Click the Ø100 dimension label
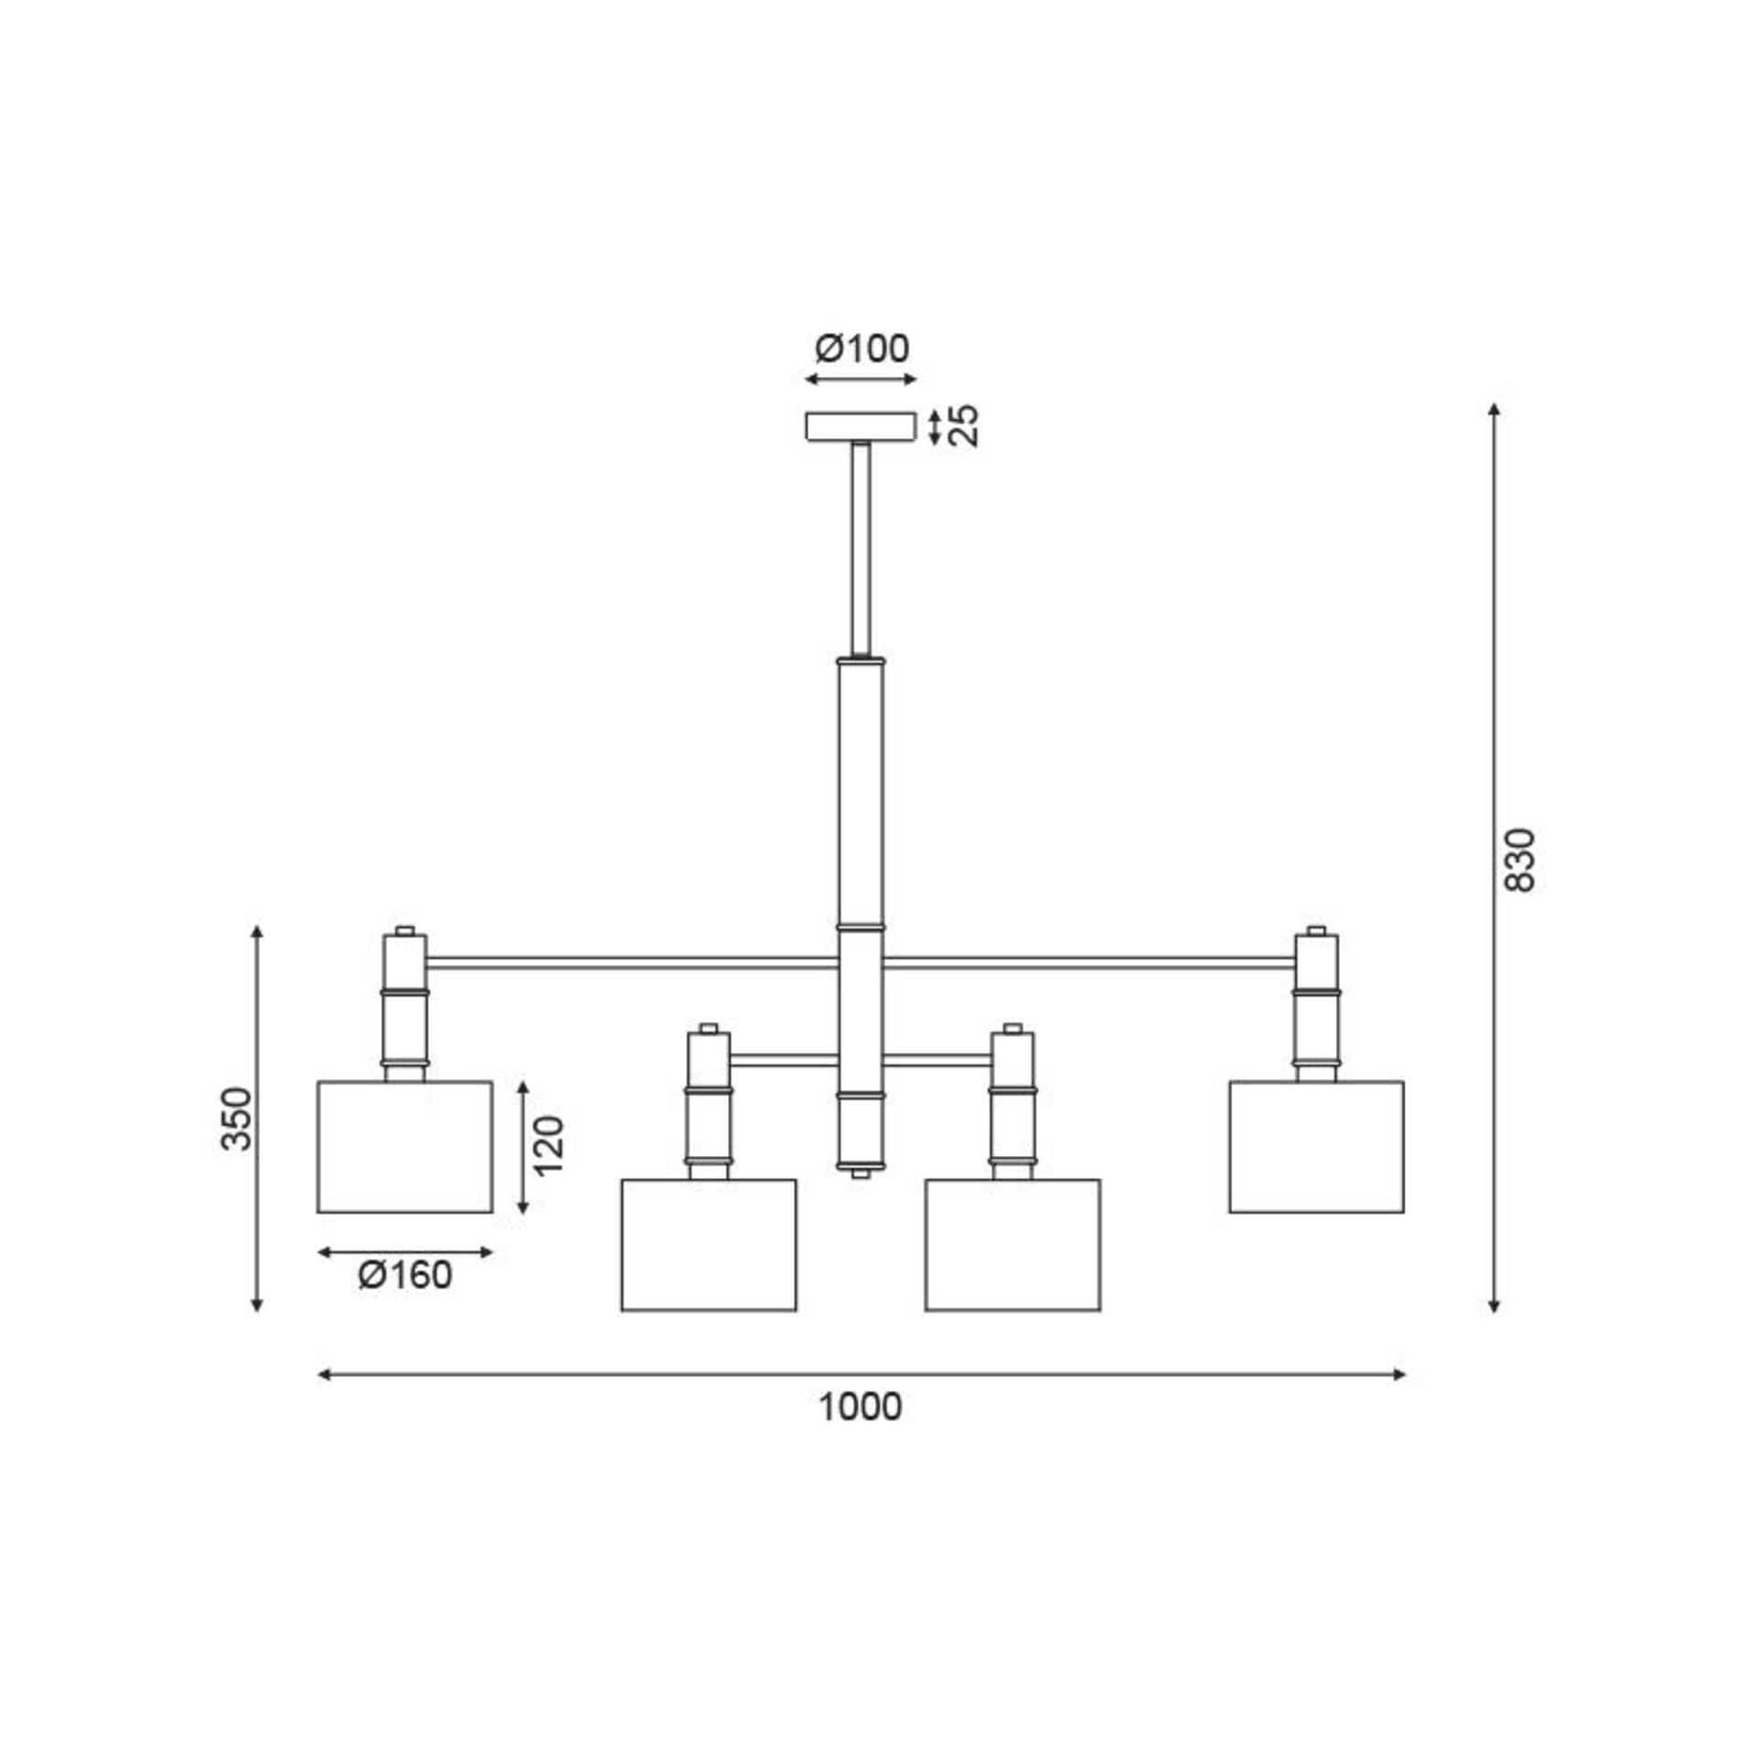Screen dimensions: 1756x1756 (862, 348)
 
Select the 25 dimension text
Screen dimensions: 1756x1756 (963, 425)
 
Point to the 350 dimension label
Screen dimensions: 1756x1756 (237, 1118)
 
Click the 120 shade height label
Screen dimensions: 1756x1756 (549, 1146)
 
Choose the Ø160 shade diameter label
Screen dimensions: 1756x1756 (405, 1275)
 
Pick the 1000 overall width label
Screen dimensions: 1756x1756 (860, 1407)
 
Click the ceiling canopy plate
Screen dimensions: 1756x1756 (861, 427)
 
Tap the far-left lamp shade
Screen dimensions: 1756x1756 (405, 1147)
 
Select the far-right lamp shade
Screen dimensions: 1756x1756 (1316, 1147)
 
